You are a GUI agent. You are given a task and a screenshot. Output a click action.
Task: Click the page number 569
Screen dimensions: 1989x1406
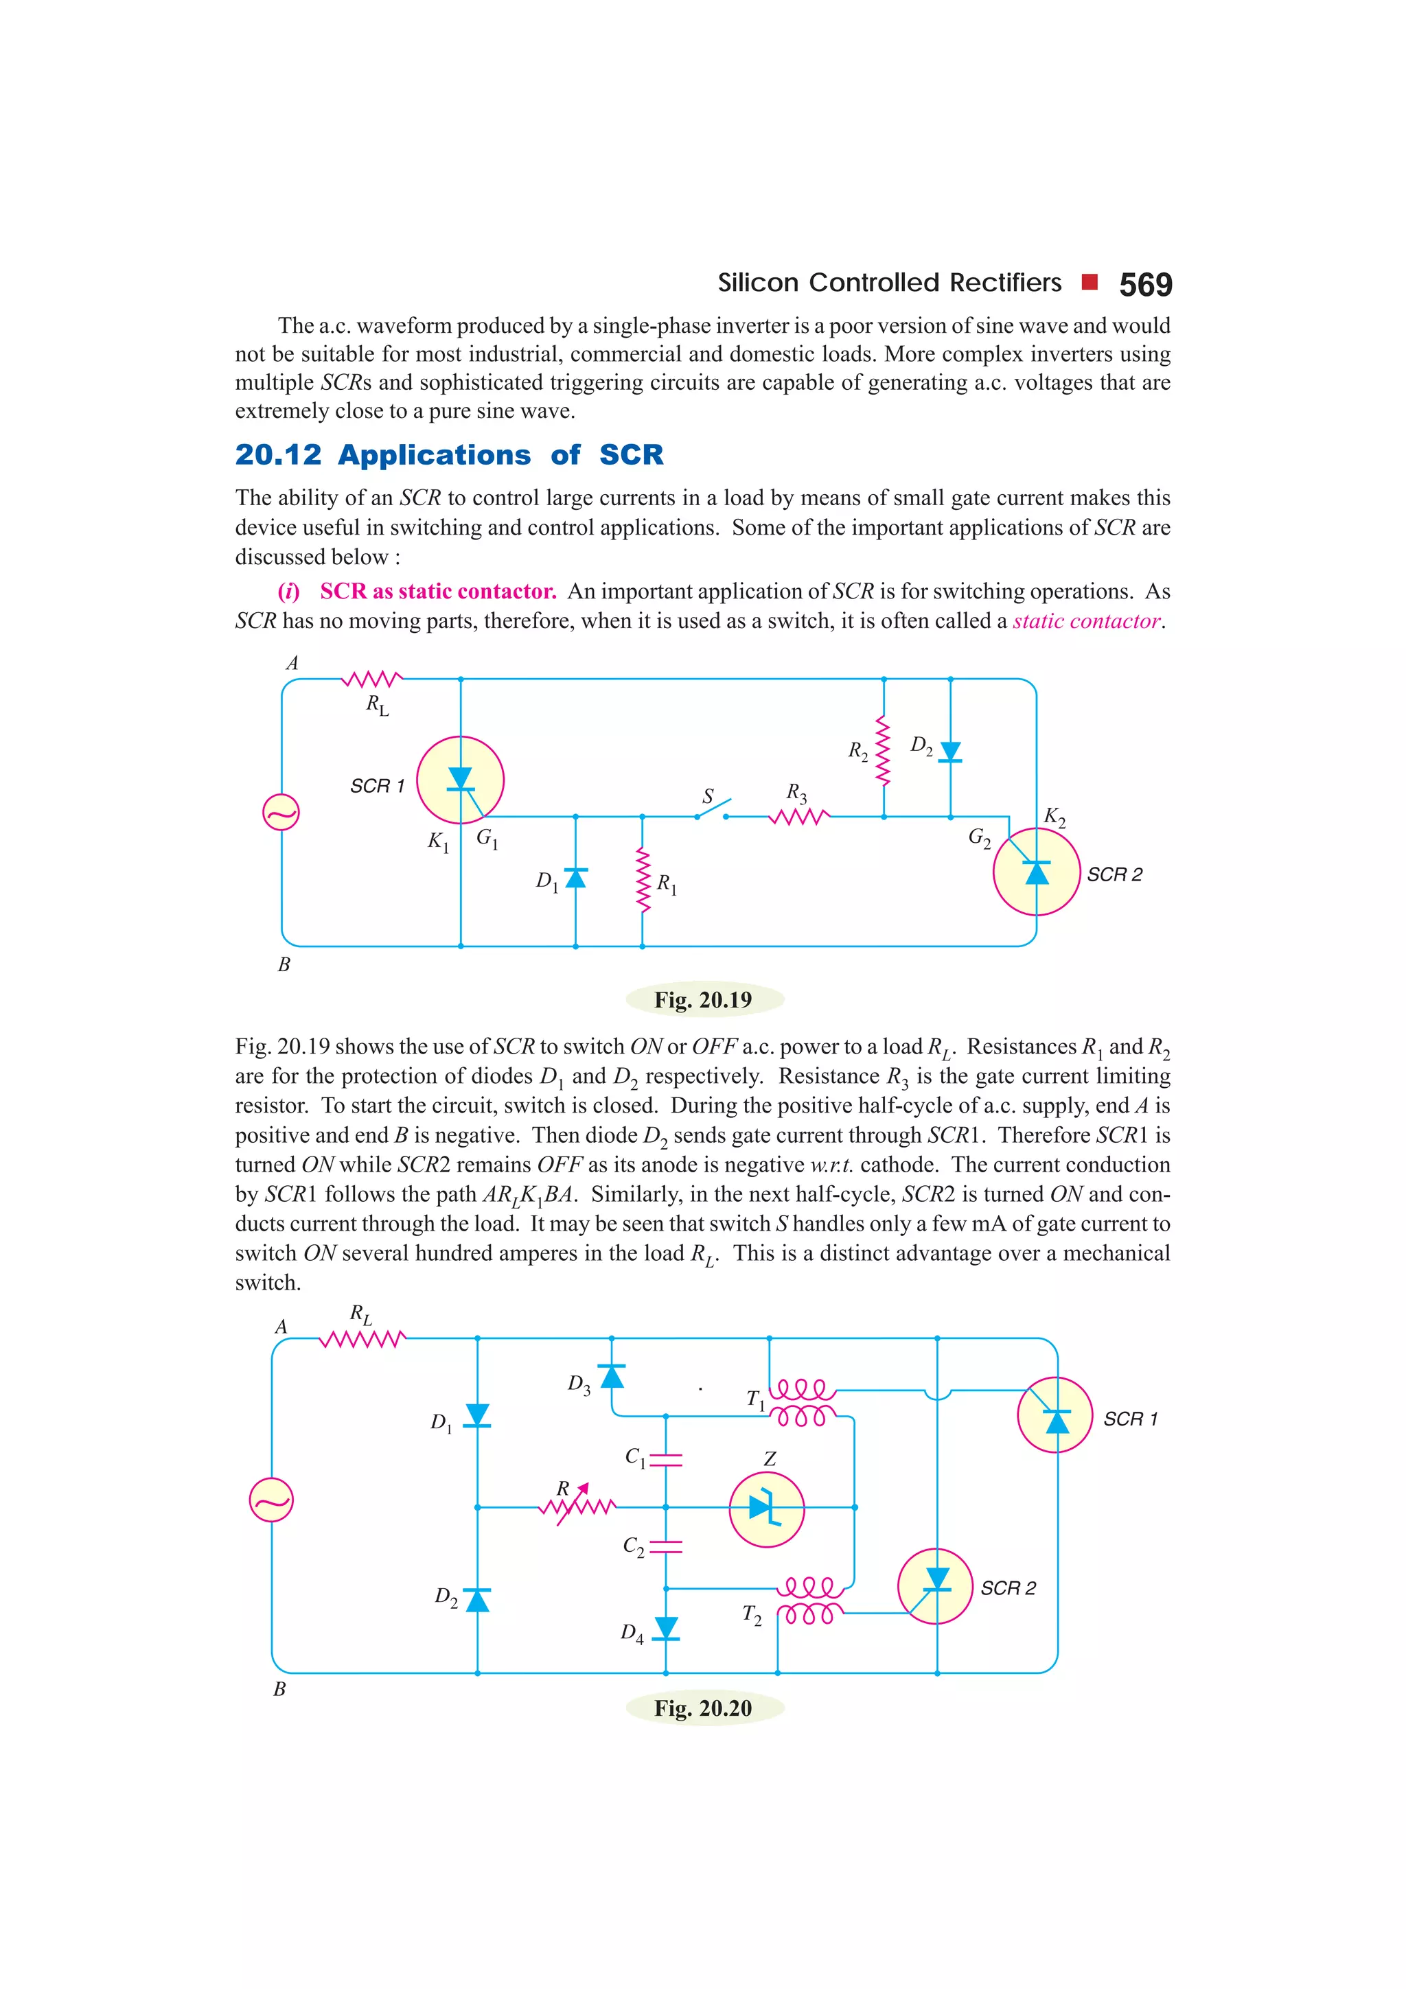(1144, 285)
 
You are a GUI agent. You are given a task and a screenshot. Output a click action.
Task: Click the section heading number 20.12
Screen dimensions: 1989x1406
(278, 455)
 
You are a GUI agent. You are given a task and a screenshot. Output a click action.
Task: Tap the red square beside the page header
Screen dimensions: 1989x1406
(1090, 281)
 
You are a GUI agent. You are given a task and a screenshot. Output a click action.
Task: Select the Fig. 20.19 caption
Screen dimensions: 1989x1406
(704, 1000)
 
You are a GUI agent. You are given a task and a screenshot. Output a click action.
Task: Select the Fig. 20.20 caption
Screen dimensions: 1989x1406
(704, 1708)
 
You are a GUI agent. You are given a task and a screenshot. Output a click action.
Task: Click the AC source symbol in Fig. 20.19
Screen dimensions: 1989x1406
(281, 813)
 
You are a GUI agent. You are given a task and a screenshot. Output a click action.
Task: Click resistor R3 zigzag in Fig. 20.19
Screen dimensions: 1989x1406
(798, 816)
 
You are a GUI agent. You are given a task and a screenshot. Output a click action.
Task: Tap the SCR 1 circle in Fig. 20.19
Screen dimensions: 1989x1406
(460, 780)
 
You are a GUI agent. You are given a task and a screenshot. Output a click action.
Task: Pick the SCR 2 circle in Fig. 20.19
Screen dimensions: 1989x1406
(1036, 872)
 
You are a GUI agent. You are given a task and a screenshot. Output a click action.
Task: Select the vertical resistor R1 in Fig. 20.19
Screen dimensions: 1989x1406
(642, 880)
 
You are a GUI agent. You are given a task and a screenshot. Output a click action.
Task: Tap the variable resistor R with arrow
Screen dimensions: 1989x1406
(577, 1506)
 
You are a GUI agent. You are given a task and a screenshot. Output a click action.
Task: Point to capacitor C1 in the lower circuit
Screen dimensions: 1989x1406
(665, 1460)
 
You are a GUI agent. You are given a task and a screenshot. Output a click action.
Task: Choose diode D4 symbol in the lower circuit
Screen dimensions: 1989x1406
(665, 1629)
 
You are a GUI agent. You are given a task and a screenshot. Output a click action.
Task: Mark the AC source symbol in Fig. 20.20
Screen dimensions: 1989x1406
(271, 1500)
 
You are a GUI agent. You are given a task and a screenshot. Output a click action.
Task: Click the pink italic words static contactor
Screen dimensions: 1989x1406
(1085, 621)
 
